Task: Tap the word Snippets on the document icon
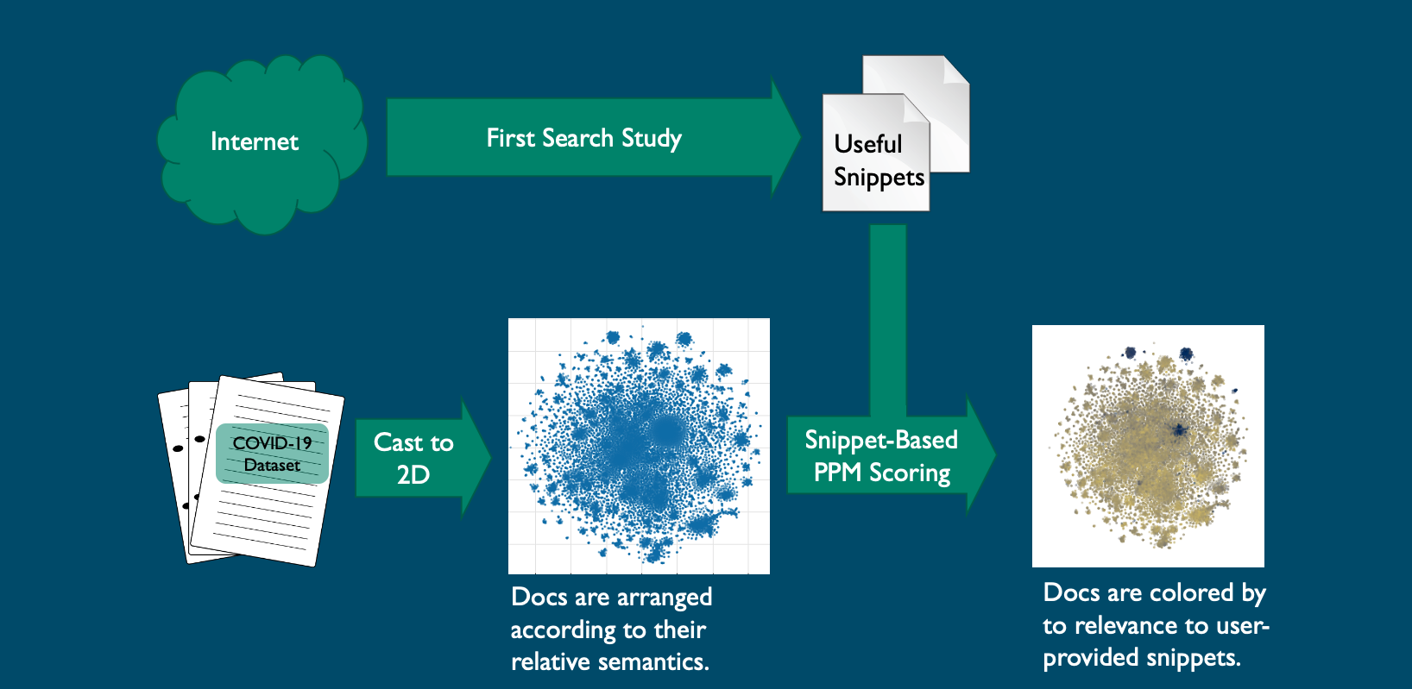click(879, 178)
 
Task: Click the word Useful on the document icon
click(867, 144)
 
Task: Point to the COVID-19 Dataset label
click(272, 454)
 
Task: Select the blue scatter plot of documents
click(639, 446)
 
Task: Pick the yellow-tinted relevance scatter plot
click(1148, 446)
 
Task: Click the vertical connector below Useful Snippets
click(888, 319)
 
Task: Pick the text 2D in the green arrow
click(413, 475)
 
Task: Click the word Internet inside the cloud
click(255, 142)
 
